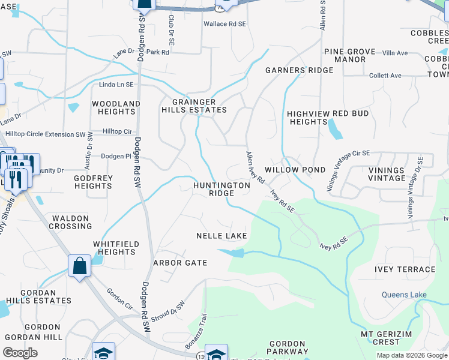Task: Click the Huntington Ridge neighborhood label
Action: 221,190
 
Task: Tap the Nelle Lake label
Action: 221,236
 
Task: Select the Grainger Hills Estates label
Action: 194,106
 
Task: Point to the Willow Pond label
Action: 295,170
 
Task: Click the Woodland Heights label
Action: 116,108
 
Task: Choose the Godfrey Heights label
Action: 93,182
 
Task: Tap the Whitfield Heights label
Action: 116,248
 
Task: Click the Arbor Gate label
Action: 180,263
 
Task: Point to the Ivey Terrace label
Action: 405,269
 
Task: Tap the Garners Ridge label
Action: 299,70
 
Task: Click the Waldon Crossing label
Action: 71,222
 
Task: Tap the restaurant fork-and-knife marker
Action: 16,179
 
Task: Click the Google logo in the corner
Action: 20,353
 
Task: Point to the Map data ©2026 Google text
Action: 411,355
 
